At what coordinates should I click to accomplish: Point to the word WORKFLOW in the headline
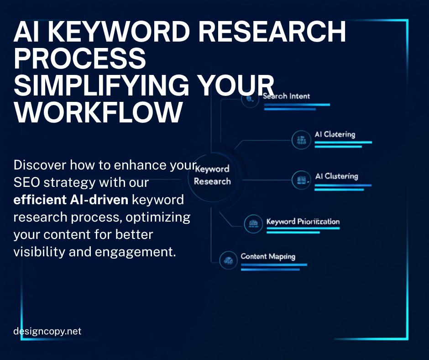click(98, 112)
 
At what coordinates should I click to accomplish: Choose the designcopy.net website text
click(47, 331)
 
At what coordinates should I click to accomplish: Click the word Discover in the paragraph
click(38, 165)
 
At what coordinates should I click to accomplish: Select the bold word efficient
click(42, 200)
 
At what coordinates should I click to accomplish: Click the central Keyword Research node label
click(212, 175)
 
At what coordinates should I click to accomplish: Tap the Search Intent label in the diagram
click(286, 96)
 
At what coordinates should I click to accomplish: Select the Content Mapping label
click(268, 256)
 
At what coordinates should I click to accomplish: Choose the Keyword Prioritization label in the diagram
click(303, 222)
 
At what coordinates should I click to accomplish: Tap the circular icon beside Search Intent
click(250, 99)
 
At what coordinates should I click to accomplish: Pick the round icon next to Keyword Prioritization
click(252, 223)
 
